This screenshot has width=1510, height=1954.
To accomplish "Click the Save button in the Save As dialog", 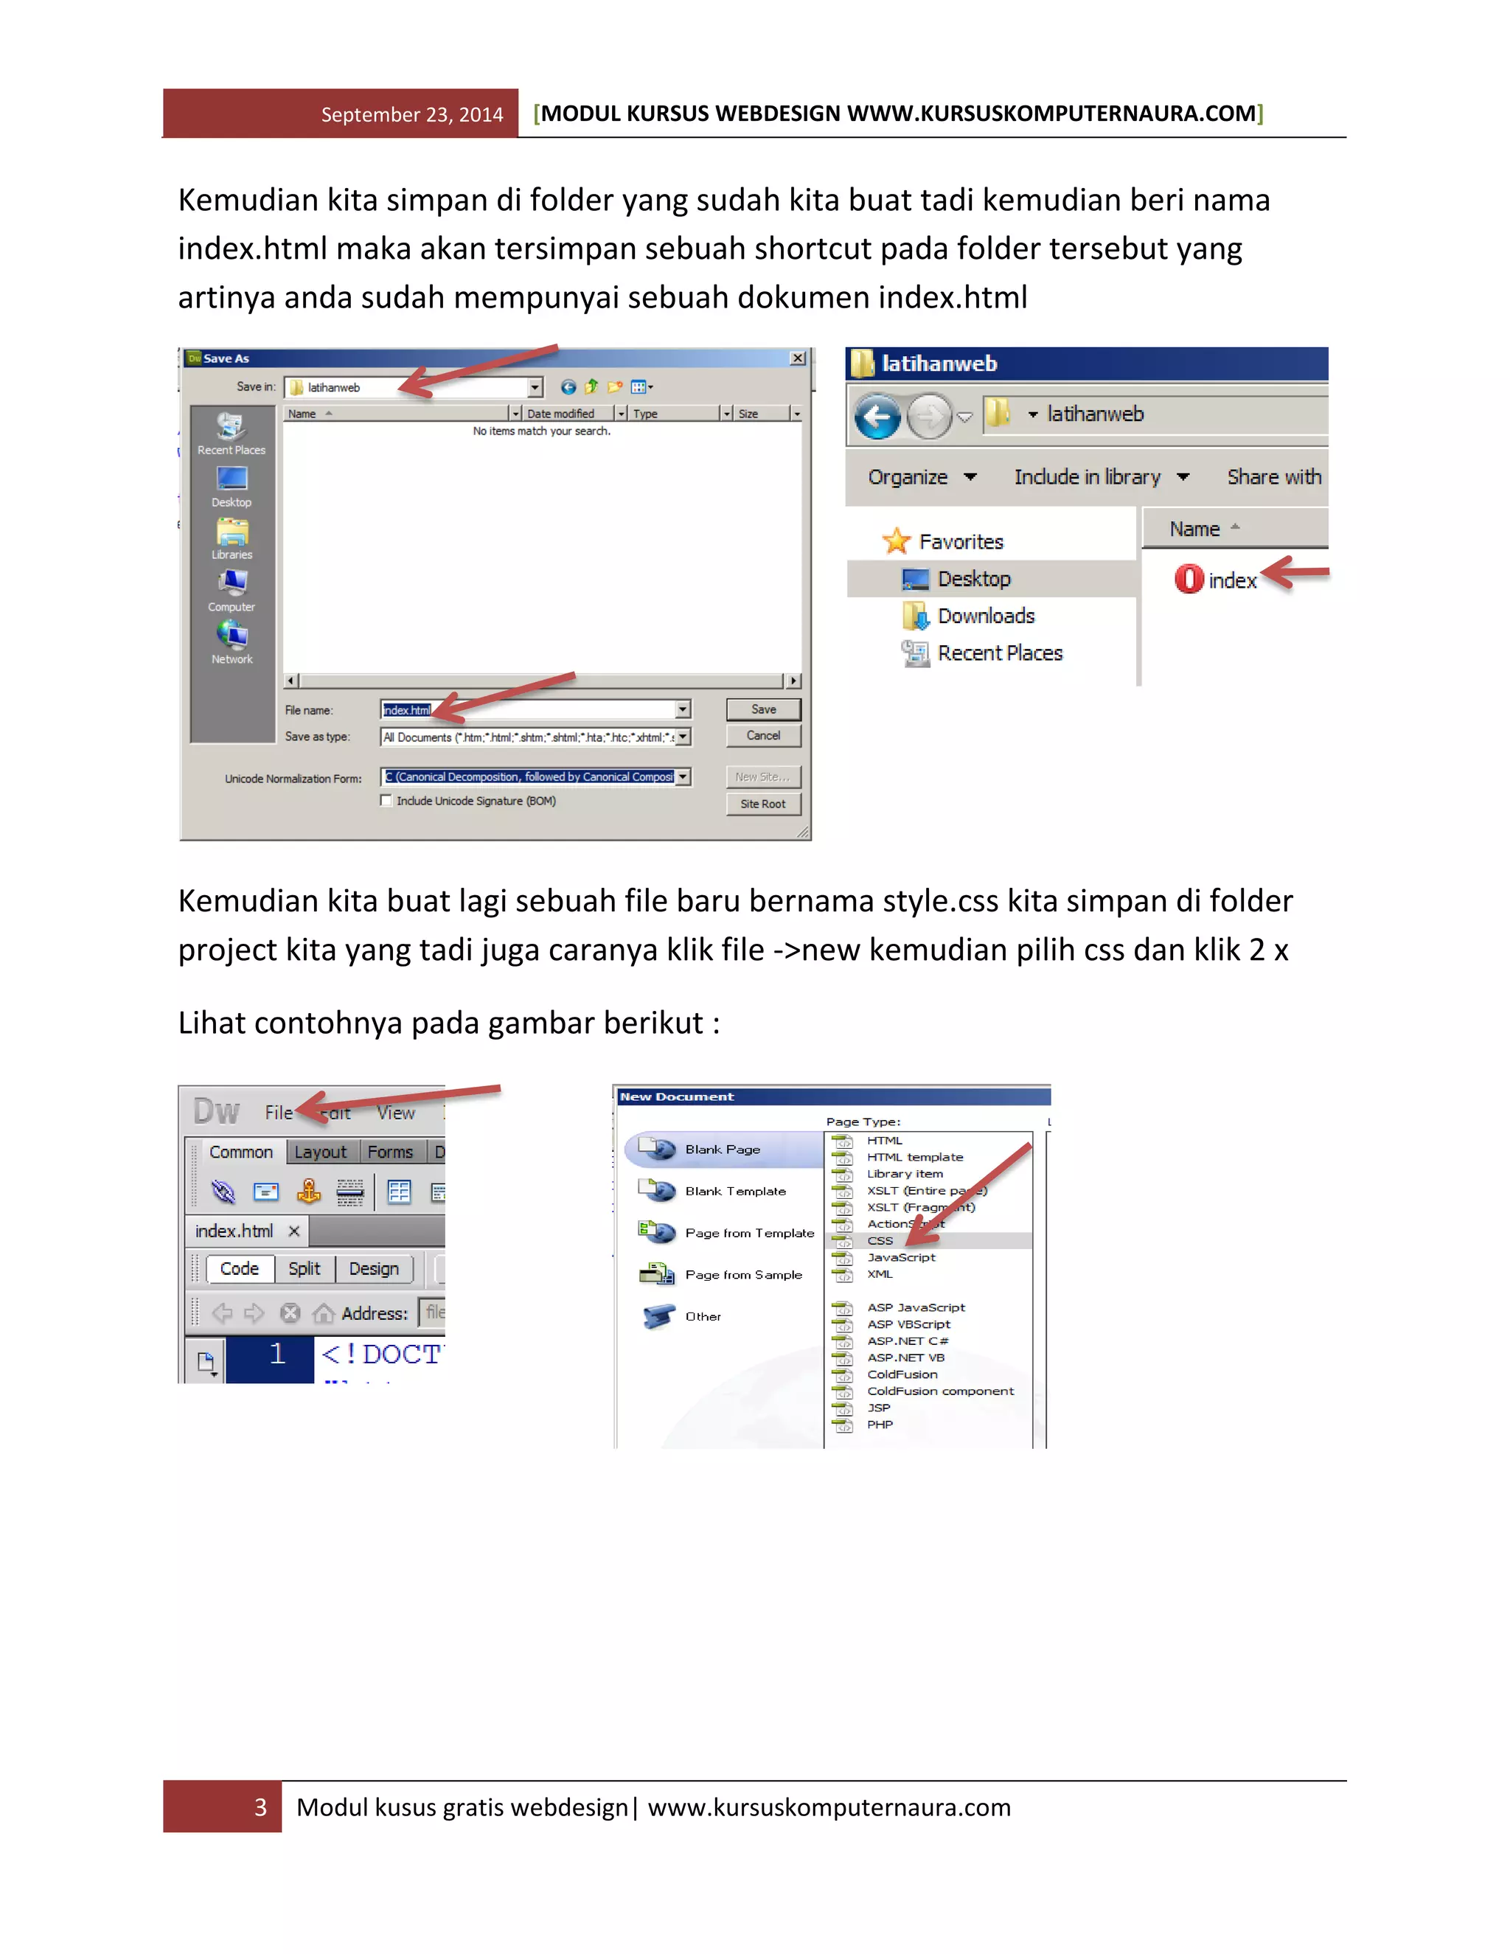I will [763, 709].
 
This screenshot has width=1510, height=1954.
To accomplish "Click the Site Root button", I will [763, 804].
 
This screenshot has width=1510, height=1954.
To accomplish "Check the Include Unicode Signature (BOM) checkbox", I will [386, 801].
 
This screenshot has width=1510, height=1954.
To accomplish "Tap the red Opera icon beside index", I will [1189, 580].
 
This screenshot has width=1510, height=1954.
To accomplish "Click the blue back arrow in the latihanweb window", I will [877, 417].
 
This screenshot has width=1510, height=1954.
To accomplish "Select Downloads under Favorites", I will [985, 616].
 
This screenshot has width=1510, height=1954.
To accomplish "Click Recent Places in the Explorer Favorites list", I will [999, 654].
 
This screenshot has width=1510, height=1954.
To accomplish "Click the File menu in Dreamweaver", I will [278, 1113].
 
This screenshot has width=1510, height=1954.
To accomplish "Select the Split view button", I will [305, 1270].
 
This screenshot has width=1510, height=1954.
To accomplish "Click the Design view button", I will [374, 1270].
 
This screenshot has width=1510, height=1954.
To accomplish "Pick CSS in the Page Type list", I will [880, 1241].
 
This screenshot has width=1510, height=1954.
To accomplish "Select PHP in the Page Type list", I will [880, 1425].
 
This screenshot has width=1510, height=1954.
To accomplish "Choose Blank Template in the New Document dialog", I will [734, 1192].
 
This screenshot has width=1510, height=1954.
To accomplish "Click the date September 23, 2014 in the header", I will [411, 114].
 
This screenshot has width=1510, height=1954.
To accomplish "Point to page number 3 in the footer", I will [260, 1808].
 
